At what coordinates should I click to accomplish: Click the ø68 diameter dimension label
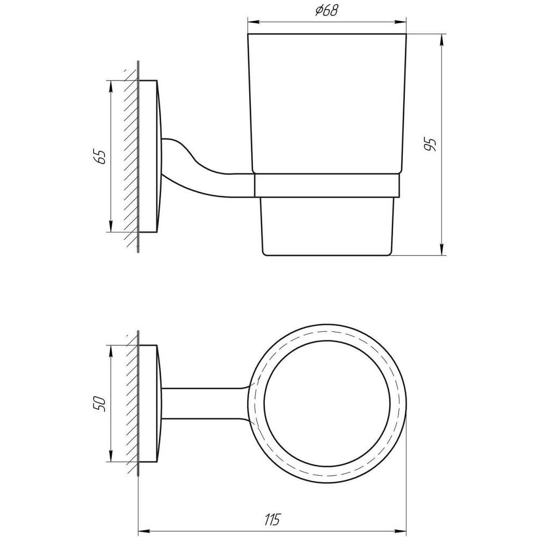pos(326,11)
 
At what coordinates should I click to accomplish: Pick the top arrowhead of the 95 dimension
pos(441,39)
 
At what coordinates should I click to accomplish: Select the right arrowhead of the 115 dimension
pos(401,529)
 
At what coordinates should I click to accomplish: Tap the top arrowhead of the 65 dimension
pos(111,85)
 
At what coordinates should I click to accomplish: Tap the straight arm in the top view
pos(204,403)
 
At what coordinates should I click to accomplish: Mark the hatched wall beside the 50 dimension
pos(130,403)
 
